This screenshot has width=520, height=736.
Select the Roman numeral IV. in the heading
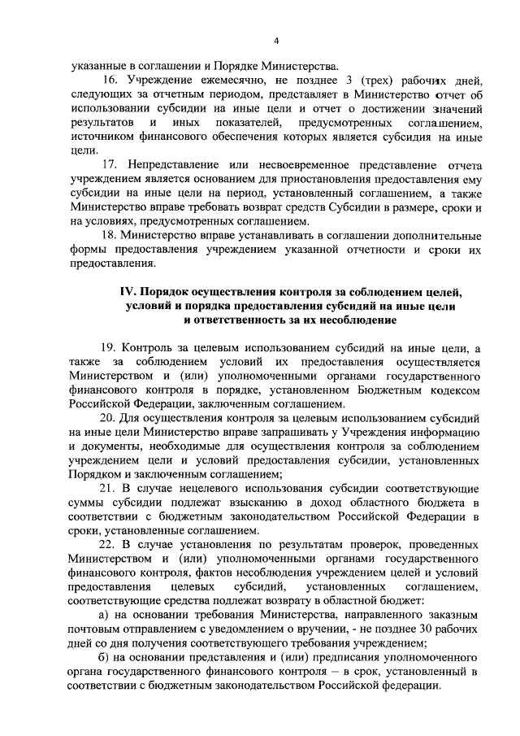point(129,291)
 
